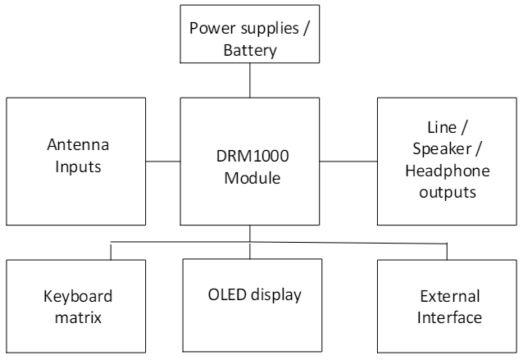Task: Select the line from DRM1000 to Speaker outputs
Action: tap(348, 161)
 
